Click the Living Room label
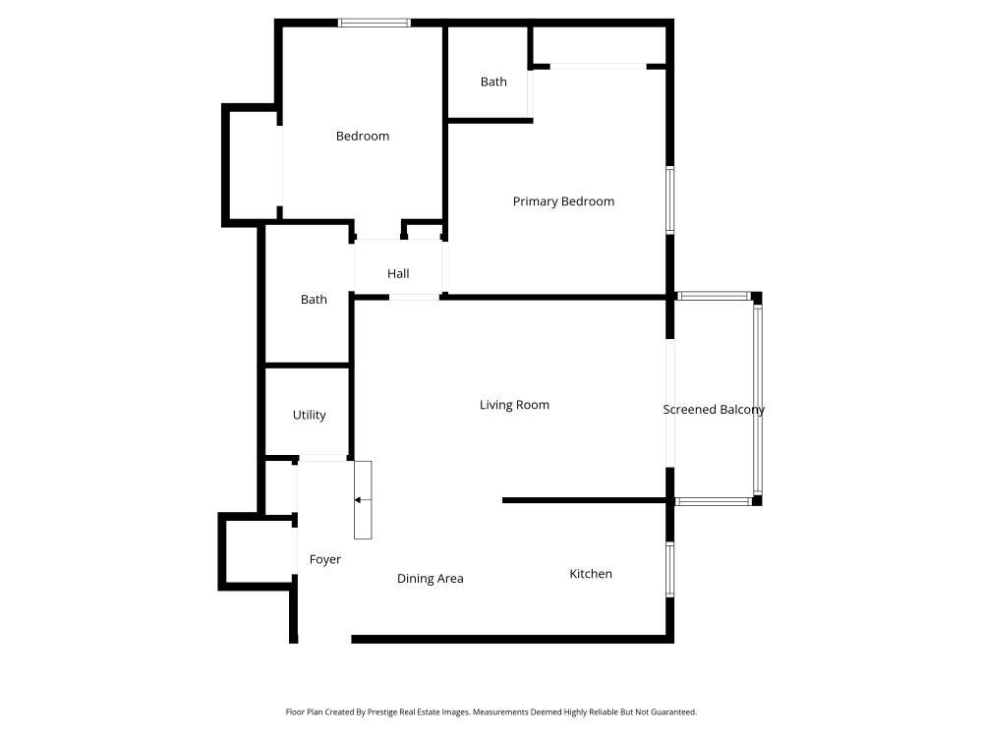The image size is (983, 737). pos(514,405)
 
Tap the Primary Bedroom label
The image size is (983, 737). pos(563,201)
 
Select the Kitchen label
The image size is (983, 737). pos(591,574)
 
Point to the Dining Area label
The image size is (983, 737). pos(430,579)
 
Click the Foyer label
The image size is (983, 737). pos(325,559)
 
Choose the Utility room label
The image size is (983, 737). pos(309,416)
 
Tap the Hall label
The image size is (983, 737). pos(398,274)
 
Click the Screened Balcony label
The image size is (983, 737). pos(714,410)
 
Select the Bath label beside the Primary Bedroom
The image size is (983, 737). pos(493,82)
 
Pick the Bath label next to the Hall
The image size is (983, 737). pos(314,300)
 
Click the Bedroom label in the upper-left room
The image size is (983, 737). pos(363,137)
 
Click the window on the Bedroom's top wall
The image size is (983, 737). pos(375,23)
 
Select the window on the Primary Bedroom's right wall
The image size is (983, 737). pos(670,199)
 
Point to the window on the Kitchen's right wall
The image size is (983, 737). pos(670,570)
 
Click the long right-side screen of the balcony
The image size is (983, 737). pos(758,399)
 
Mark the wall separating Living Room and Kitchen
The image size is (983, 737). pos(587,500)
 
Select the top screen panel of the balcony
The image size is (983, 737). pos(714,296)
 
